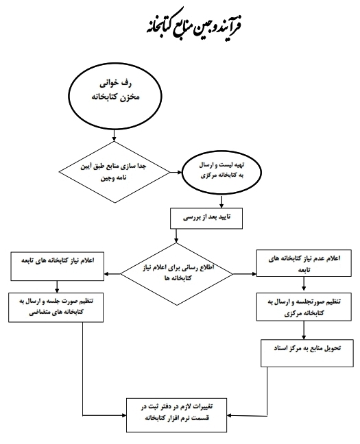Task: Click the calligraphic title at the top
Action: (x=194, y=25)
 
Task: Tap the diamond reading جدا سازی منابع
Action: (x=115, y=172)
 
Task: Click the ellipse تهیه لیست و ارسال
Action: (x=221, y=172)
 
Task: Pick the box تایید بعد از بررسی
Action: (x=206, y=219)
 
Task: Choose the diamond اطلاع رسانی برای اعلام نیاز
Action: (x=177, y=274)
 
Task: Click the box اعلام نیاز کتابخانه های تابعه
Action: (x=58, y=267)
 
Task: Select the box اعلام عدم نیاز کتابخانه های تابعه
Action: (x=304, y=263)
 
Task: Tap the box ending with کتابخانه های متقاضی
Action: (x=56, y=307)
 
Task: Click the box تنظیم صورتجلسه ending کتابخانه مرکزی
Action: (x=304, y=307)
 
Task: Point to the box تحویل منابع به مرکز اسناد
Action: (x=307, y=353)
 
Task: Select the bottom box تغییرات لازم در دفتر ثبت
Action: (x=176, y=415)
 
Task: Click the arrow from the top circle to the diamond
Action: (x=115, y=136)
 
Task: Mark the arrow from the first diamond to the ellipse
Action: (x=176, y=172)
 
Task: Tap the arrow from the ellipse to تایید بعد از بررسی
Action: (x=221, y=201)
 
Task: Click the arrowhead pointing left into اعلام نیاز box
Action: (x=106, y=274)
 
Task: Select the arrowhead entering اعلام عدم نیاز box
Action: (x=254, y=274)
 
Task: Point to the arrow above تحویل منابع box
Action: (x=304, y=330)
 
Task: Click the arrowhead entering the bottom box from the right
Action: (x=229, y=415)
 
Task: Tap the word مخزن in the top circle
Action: (x=130, y=97)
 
